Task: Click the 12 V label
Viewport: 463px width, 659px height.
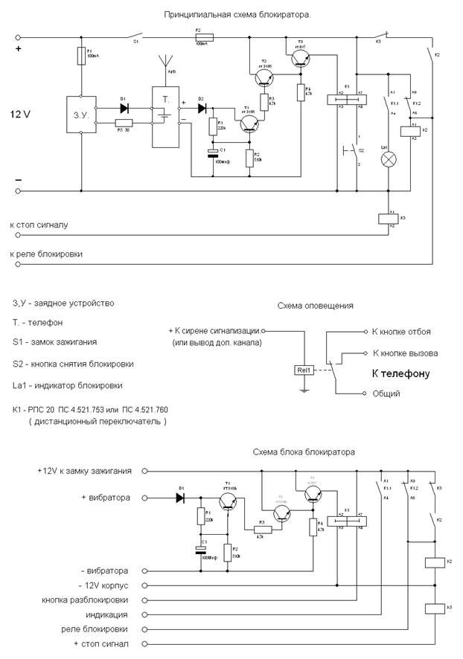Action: click(x=23, y=115)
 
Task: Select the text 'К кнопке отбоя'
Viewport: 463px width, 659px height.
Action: click(x=400, y=332)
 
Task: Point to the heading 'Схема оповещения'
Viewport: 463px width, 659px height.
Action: click(x=316, y=306)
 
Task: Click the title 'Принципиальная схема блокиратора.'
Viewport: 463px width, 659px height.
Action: click(x=236, y=13)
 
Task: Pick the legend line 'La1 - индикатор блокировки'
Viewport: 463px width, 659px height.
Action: click(x=68, y=385)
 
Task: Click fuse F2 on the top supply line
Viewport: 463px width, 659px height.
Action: click(x=202, y=36)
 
